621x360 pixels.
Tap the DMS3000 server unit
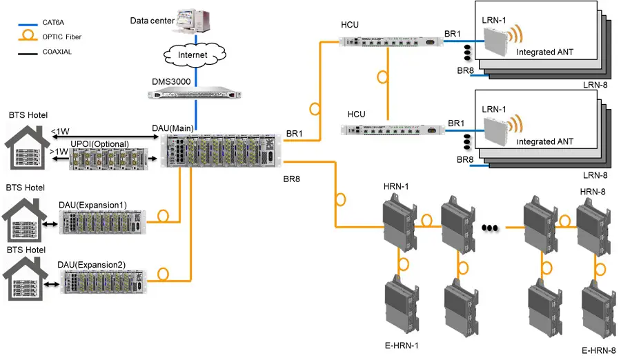pyautogui.click(x=196, y=91)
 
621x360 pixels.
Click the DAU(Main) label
pyautogui.click(x=172, y=128)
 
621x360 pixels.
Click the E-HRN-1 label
pyautogui.click(x=402, y=345)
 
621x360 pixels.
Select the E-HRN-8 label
pyautogui.click(x=598, y=350)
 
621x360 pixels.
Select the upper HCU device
pyautogui.click(x=390, y=41)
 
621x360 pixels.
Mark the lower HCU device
pyautogui.click(x=390, y=129)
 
